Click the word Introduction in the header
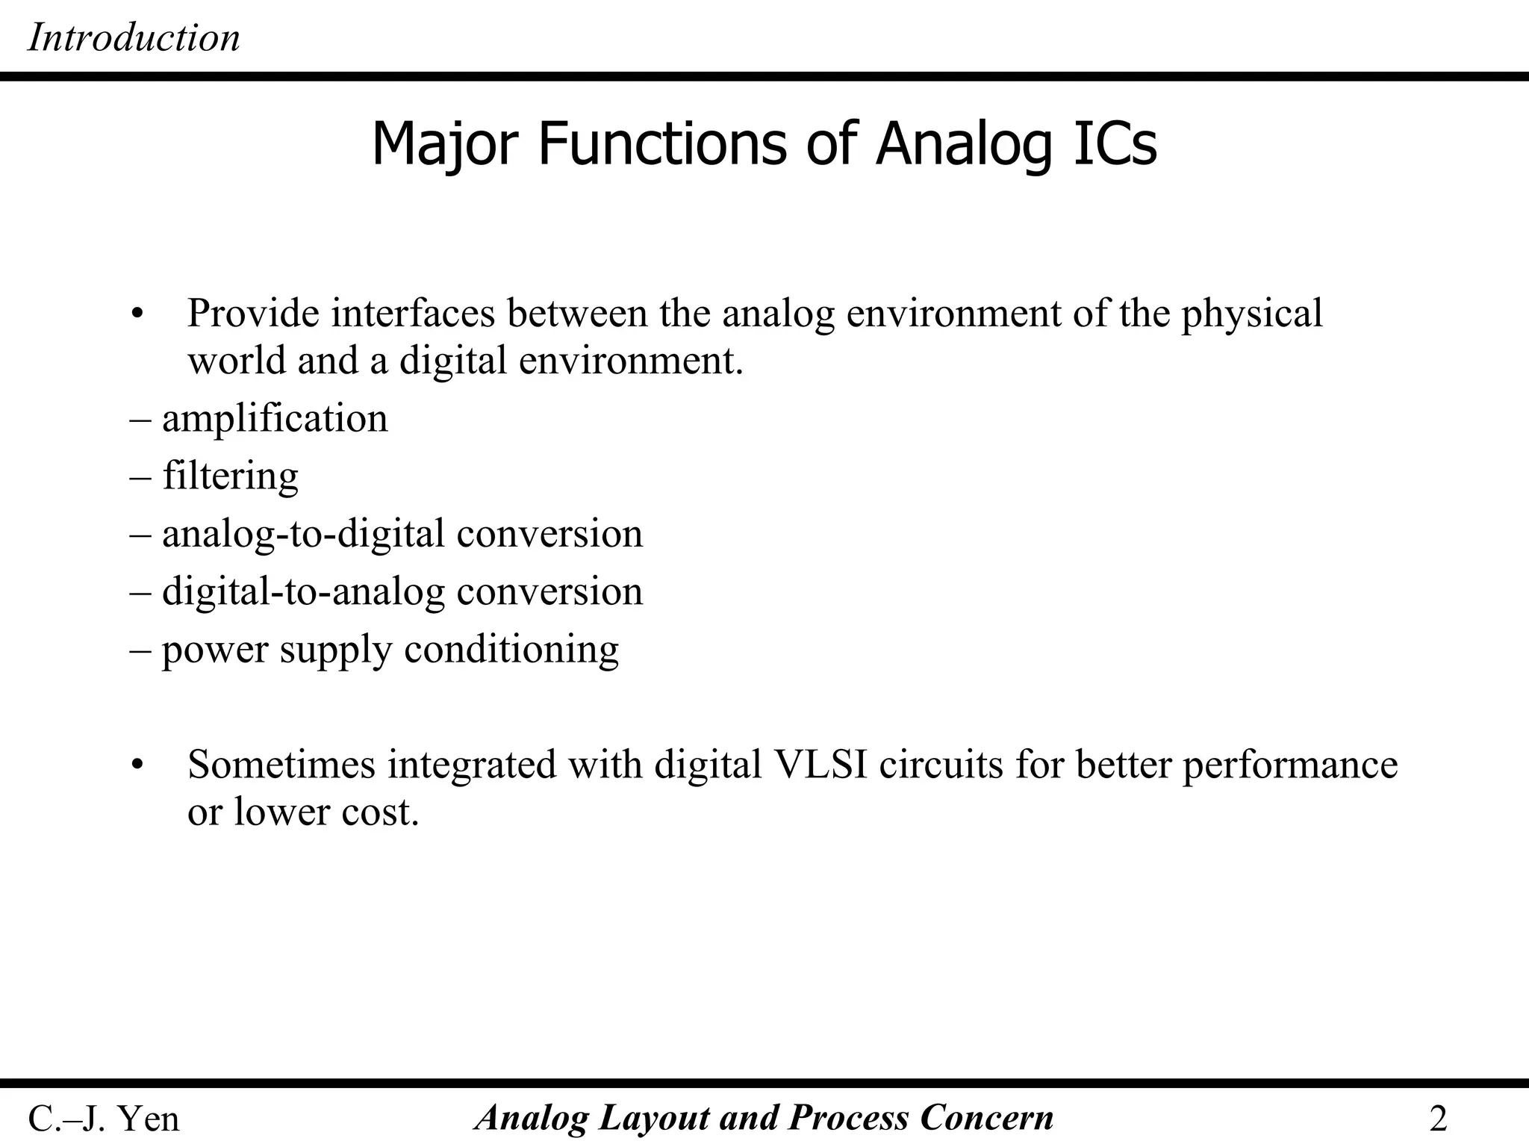[134, 37]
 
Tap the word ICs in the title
[1114, 143]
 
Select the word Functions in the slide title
[661, 143]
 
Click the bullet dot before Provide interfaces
[135, 314]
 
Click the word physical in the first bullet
[1251, 314]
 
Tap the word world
[237, 361]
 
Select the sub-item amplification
[274, 418]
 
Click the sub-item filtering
[230, 476]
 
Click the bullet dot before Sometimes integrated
[135, 765]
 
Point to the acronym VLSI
[821, 765]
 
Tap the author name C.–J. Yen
[104, 1119]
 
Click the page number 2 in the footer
[1438, 1119]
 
